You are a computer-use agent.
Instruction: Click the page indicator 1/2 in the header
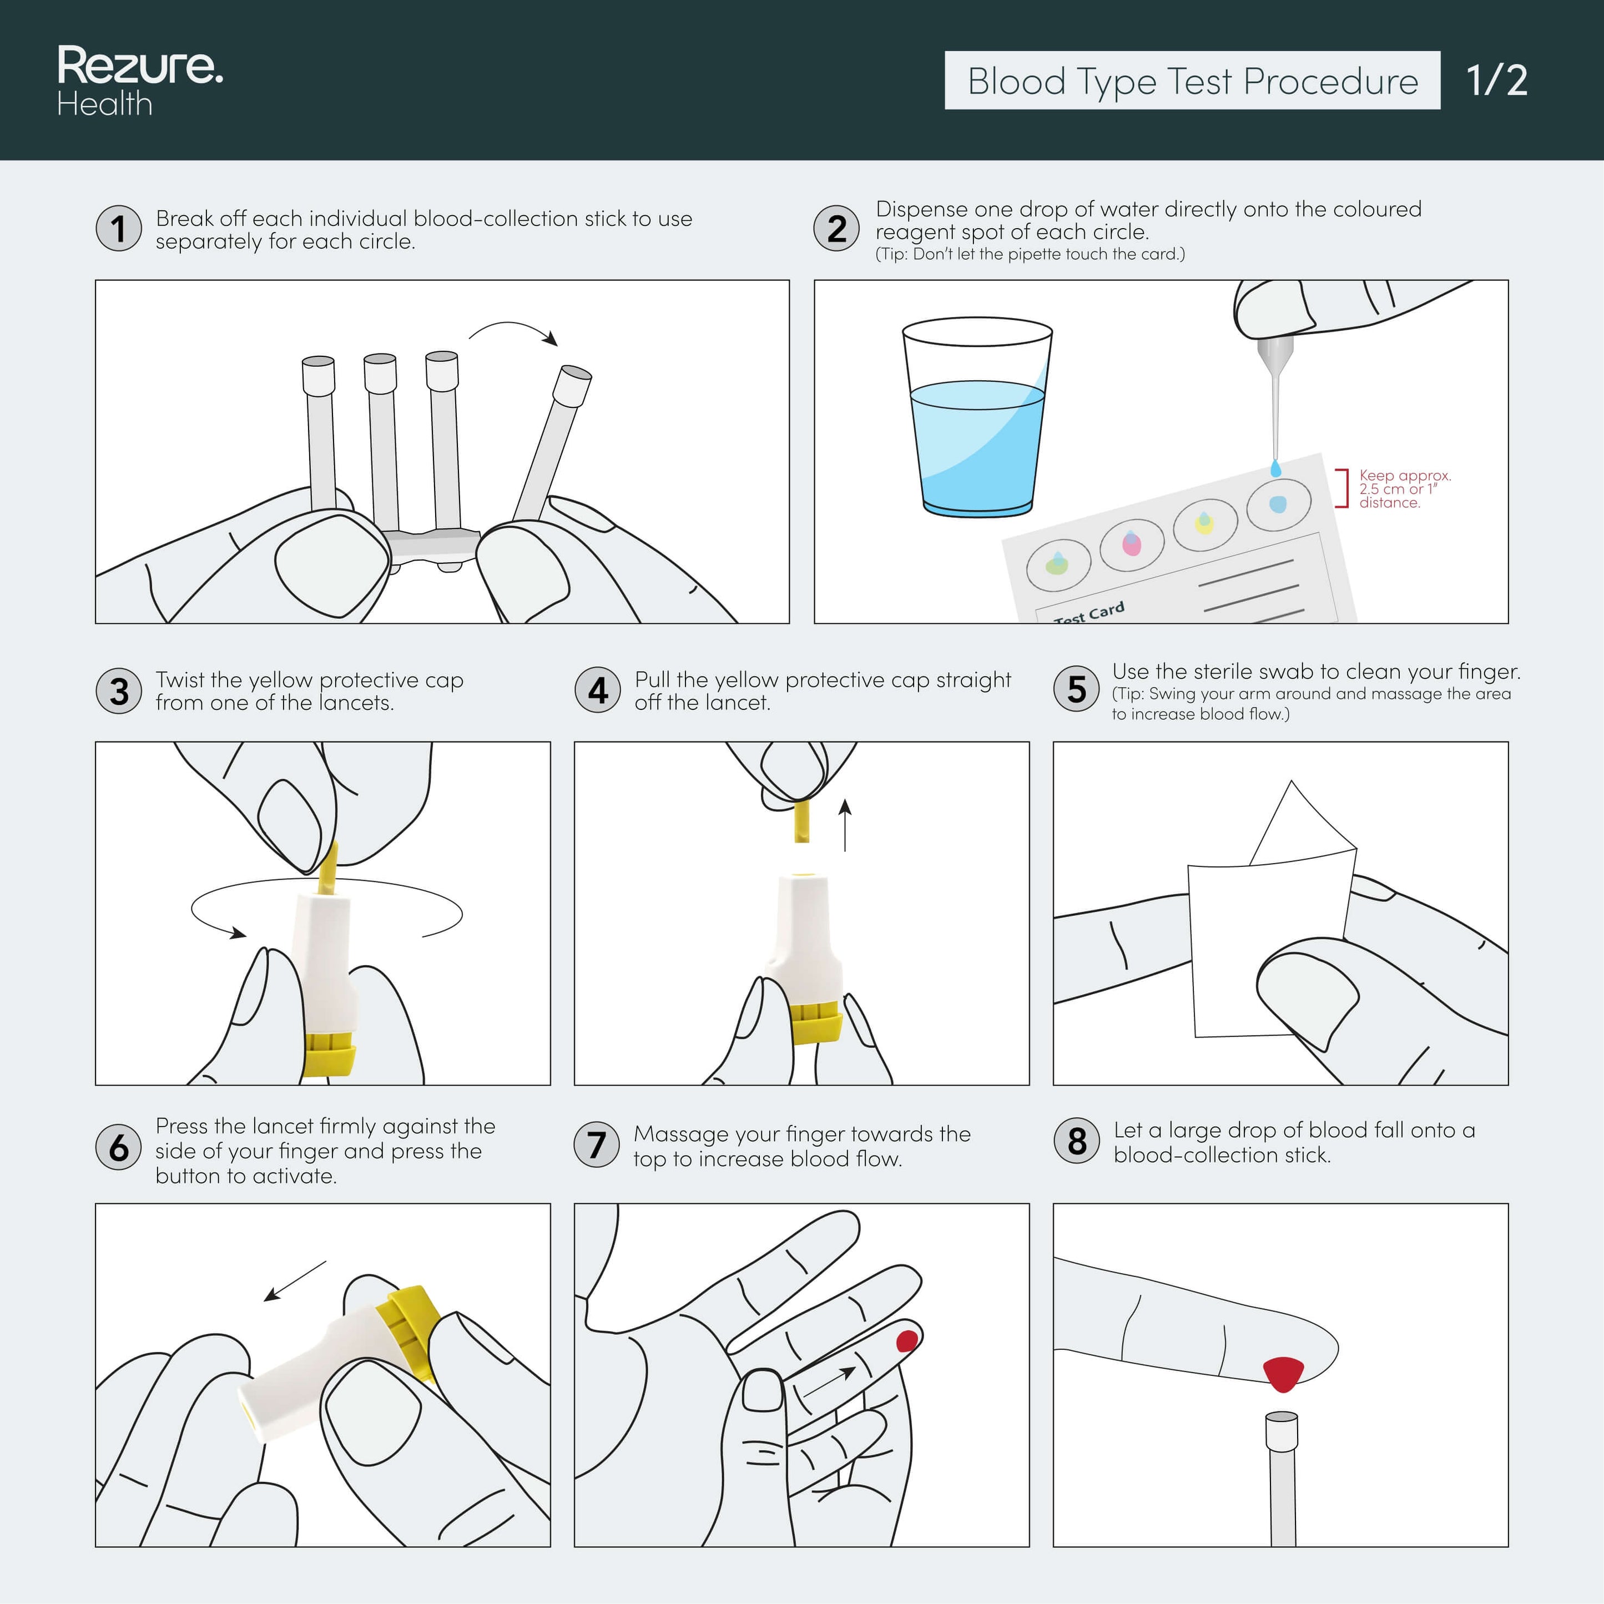point(1496,80)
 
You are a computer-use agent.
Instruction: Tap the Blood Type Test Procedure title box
point(1192,80)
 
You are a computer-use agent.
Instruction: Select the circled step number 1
point(119,228)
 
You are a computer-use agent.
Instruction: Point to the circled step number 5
point(1076,690)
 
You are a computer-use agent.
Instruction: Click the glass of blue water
point(977,423)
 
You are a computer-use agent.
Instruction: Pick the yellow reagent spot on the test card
point(1204,523)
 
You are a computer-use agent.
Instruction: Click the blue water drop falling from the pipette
point(1276,470)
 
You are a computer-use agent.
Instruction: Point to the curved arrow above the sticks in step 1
point(513,330)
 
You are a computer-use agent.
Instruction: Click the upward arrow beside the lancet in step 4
point(845,825)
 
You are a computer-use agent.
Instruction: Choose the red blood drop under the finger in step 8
point(1283,1373)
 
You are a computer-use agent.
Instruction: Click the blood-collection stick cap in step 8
point(1282,1431)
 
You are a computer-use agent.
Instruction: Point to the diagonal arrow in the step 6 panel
point(295,1281)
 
